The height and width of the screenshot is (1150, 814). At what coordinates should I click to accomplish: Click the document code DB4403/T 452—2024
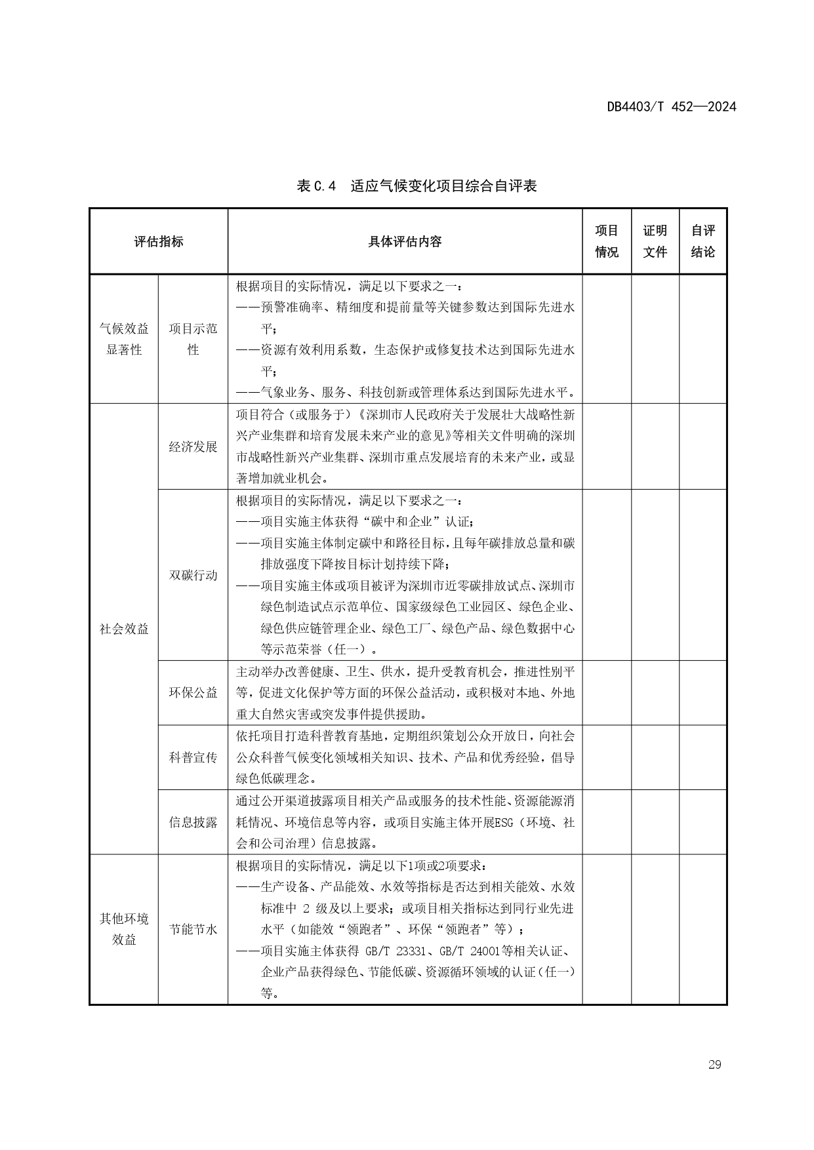671,107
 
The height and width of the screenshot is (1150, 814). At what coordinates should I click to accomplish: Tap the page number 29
714,1064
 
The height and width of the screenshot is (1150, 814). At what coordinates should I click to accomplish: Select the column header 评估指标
159,241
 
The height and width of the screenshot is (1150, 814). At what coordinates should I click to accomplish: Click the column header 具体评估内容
405,241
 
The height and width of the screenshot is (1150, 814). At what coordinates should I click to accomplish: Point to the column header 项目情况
607,241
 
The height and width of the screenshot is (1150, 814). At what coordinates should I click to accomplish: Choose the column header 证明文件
655,241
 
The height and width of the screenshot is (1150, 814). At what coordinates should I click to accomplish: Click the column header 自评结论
702,241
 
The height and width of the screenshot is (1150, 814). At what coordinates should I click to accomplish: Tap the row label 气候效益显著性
124,339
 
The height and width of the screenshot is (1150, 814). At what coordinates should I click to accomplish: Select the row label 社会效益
124,629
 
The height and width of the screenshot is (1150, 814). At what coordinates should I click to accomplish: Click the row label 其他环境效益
124,929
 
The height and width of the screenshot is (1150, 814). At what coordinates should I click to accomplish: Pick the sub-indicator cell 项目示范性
193,339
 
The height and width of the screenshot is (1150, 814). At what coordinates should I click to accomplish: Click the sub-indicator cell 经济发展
193,446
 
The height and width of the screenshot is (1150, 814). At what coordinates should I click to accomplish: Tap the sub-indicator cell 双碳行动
193,575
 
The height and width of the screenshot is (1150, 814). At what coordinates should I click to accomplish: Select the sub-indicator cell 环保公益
193,692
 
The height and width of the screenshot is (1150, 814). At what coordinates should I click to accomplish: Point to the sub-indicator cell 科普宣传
193,757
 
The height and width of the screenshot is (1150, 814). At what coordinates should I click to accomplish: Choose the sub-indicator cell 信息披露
193,822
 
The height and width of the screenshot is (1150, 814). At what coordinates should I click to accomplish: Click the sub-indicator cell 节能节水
193,929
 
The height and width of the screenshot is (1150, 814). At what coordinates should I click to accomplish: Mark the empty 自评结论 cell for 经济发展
702,446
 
